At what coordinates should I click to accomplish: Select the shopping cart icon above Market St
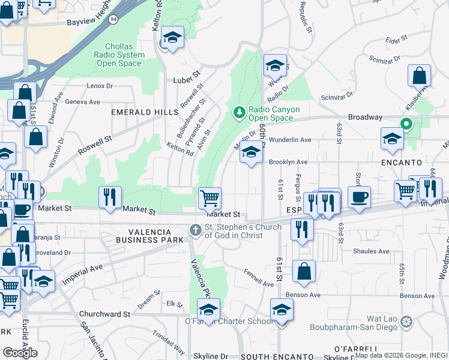[x=209, y=198]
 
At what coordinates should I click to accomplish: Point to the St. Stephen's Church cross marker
[x=195, y=230]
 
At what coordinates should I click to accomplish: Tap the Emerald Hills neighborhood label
[x=144, y=112]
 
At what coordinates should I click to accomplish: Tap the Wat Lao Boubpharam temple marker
[x=406, y=323]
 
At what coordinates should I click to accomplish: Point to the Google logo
[x=20, y=352]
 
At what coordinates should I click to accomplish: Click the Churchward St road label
[x=105, y=314]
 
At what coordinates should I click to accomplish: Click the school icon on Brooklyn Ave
[x=251, y=152]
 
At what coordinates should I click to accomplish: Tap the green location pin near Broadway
[x=406, y=125]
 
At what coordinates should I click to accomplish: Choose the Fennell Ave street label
[x=259, y=280]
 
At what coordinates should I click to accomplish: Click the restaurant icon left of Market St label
[x=110, y=197]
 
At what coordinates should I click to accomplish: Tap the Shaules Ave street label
[x=371, y=251]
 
